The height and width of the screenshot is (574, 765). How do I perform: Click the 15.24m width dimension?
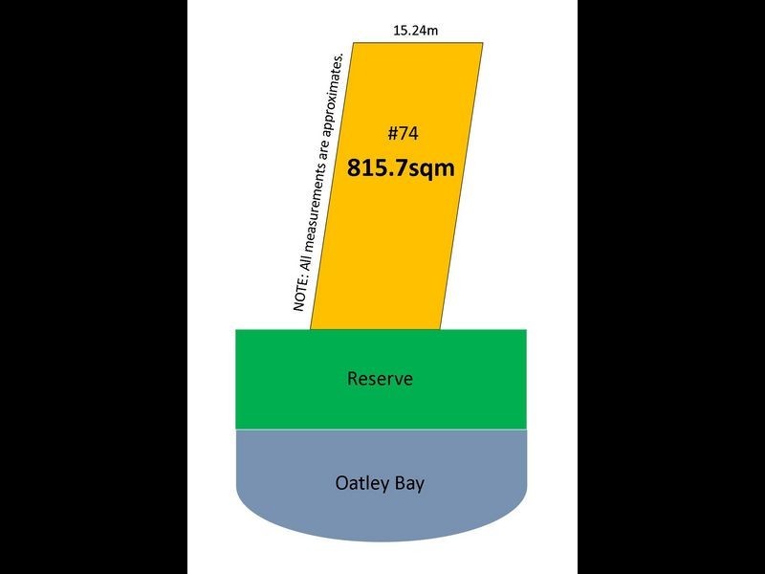[416, 30]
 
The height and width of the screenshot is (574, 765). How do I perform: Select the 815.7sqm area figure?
[400, 168]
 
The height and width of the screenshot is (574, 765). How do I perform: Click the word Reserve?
[380, 379]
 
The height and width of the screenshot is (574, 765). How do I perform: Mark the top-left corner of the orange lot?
[355, 43]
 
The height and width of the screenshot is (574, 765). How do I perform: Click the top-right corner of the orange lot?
[483, 43]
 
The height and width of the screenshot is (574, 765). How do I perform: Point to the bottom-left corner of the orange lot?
[310, 329]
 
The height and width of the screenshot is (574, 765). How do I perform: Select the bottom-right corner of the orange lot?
[440, 329]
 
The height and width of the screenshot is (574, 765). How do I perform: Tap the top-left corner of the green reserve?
[236, 330]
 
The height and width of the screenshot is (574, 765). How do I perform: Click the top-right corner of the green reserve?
[526, 330]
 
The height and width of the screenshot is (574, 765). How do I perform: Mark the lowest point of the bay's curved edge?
[381, 541]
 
